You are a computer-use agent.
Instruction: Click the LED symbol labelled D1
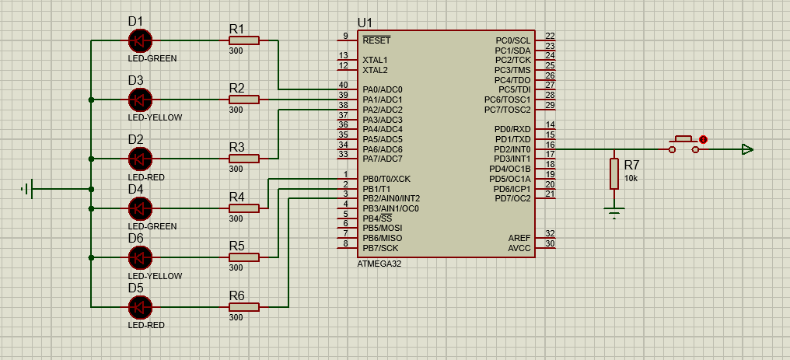[x=140, y=40]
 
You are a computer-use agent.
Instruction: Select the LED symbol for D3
[x=140, y=100]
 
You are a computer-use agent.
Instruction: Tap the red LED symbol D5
[x=140, y=307]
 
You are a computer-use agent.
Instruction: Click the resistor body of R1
[x=243, y=40]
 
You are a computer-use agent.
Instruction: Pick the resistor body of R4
[x=243, y=208]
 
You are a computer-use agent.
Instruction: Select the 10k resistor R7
[x=614, y=174]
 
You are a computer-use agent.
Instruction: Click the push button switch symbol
[x=684, y=143]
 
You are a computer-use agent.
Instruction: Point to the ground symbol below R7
[x=614, y=211]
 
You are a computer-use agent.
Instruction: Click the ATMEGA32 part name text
[x=379, y=264]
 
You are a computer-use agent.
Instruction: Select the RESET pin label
[x=376, y=40]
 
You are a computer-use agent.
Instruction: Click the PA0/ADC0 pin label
[x=382, y=90]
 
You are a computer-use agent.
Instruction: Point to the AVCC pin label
[x=519, y=248]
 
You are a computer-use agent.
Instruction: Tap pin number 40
[x=343, y=85]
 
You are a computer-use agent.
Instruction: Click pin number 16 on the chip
[x=550, y=145]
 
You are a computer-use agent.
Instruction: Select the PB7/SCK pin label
[x=380, y=248]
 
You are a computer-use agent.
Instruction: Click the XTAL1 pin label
[x=375, y=60]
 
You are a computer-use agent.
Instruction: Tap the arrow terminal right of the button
[x=747, y=149]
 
